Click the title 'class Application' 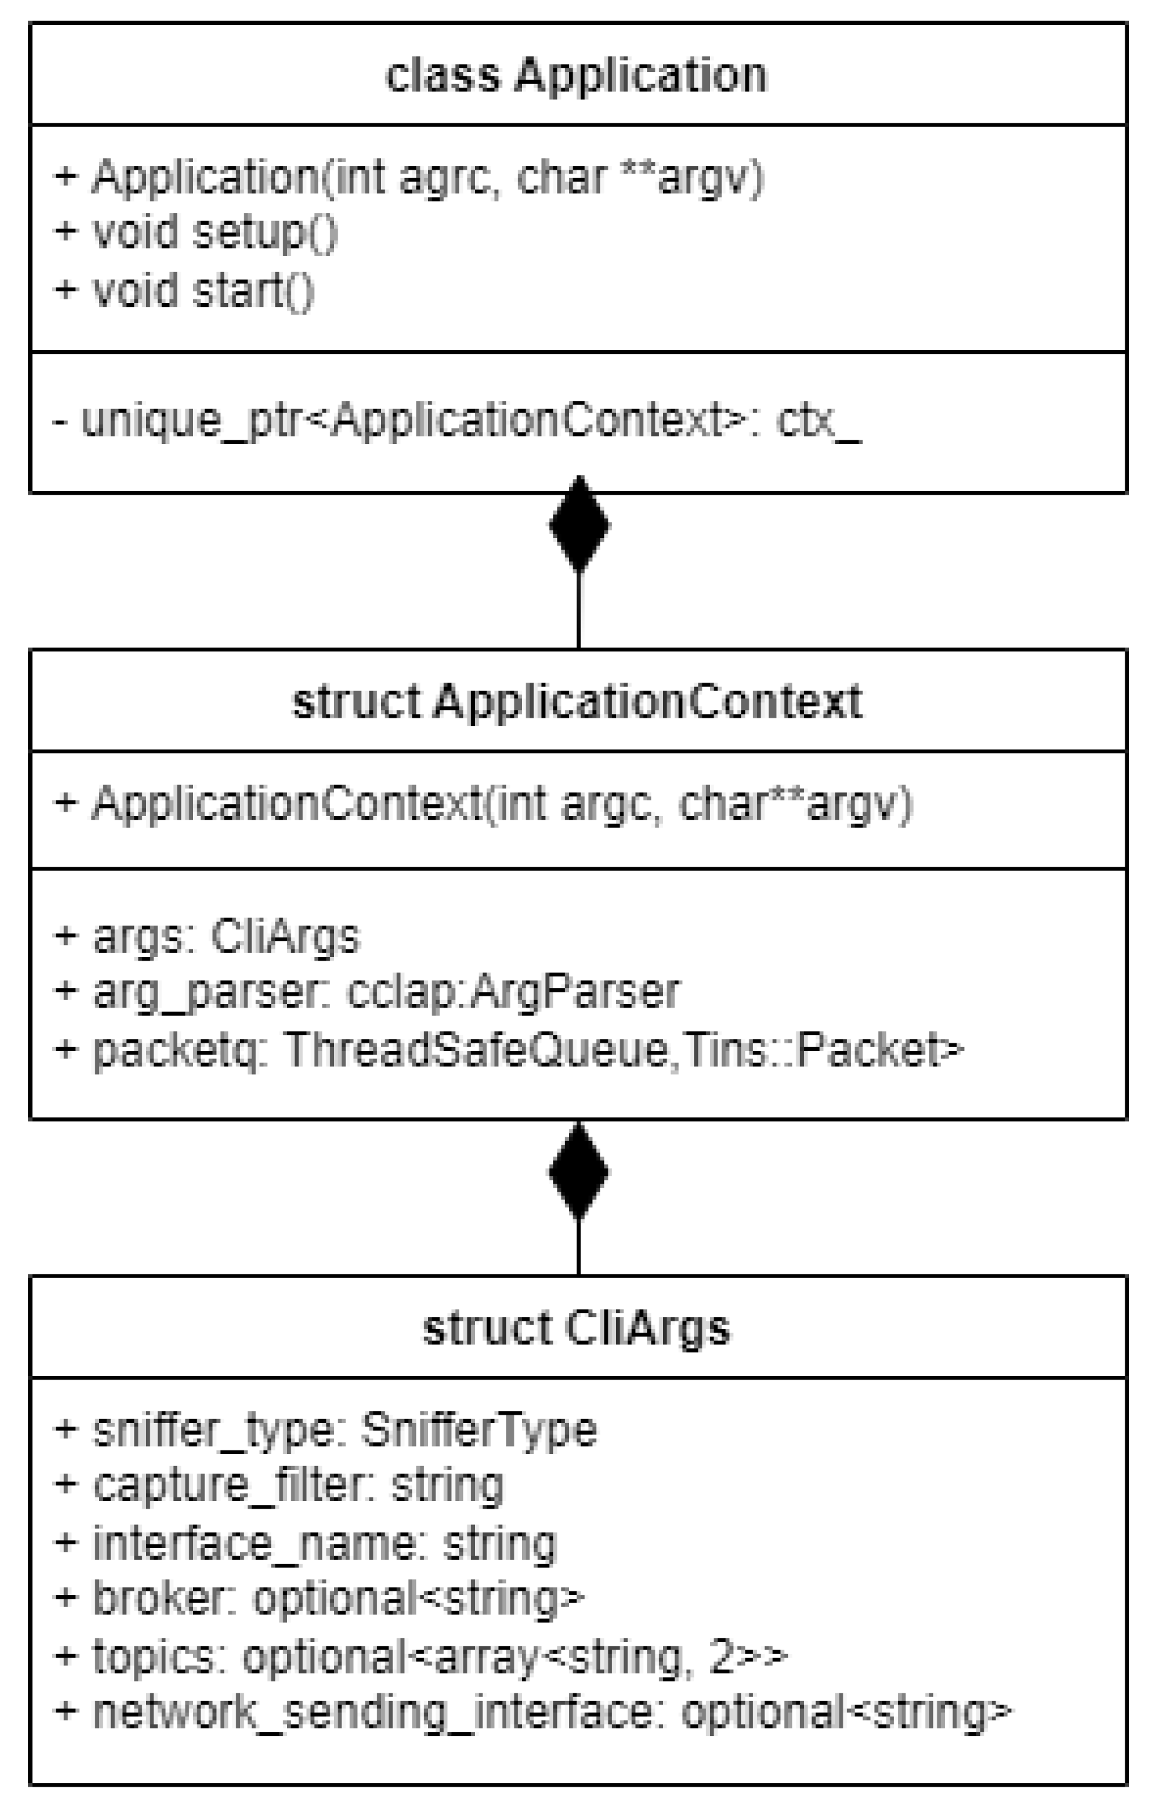pos(576,75)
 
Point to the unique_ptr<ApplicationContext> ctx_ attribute pos(456,420)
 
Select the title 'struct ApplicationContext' pos(576,701)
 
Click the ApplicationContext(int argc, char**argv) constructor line pos(483,803)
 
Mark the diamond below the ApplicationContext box pos(578,1172)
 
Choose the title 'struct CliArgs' pos(576,1328)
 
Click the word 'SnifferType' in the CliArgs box pos(479,1430)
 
